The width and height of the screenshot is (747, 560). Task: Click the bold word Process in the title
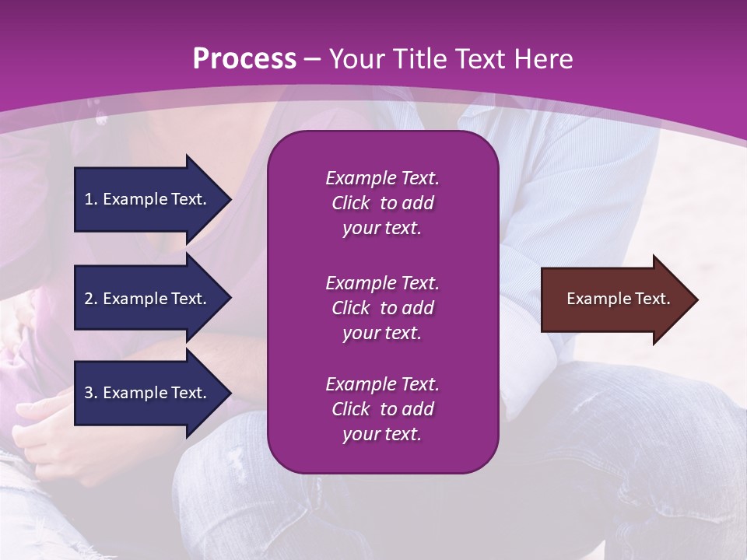pos(244,59)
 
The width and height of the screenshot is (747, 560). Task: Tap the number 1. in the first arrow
pos(91,199)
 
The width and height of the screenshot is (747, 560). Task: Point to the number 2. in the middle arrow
pos(91,299)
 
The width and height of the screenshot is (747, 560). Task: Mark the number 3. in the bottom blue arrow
pos(91,393)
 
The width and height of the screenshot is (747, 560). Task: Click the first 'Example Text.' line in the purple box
pos(382,178)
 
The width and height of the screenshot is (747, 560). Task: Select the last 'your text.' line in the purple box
pos(382,434)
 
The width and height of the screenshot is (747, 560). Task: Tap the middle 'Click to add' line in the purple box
pos(382,308)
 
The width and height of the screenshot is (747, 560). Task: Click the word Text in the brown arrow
pos(652,299)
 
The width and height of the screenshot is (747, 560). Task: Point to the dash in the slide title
pos(312,59)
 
